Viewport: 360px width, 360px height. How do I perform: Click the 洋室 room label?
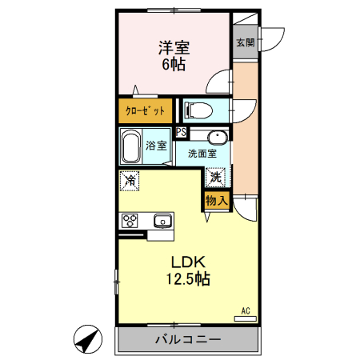[173, 48]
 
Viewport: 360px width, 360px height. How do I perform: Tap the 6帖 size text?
[173, 66]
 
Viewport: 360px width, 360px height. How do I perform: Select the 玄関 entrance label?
[245, 42]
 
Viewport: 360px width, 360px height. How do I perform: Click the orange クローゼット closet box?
[146, 110]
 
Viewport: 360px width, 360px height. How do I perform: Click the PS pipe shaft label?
[182, 133]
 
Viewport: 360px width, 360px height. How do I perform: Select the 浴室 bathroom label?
[157, 146]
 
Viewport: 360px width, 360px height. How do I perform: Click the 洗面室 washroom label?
[202, 153]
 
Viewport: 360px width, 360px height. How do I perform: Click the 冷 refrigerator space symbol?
[130, 182]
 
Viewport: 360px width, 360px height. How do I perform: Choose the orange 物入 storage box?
[217, 200]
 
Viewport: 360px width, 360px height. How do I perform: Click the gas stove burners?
[130, 220]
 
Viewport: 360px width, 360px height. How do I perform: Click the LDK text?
[189, 262]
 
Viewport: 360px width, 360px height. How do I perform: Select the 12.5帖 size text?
[189, 280]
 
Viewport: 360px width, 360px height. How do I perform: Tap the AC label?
[246, 310]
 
